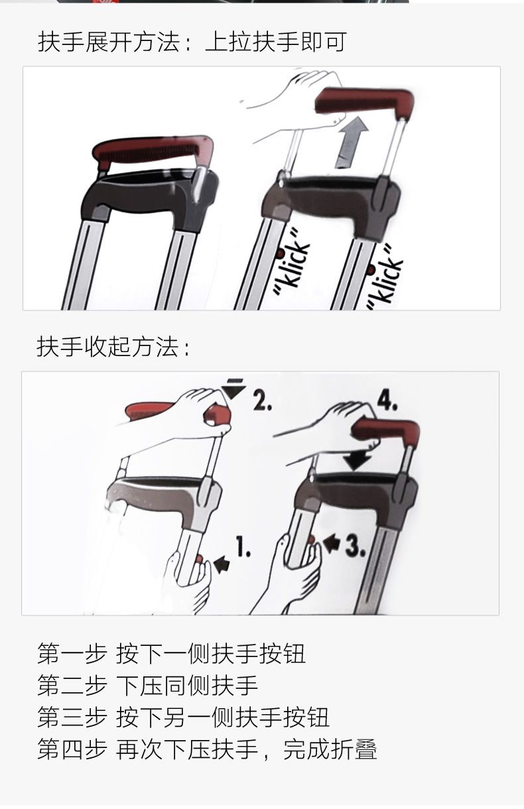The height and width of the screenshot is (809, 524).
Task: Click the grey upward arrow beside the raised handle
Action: pos(352,143)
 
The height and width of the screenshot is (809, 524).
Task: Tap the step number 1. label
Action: pos(243,546)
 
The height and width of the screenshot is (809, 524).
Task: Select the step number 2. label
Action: pos(262,401)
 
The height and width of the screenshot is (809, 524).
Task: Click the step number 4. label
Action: pos(387,401)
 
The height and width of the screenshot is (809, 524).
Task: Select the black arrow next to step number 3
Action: pos(332,543)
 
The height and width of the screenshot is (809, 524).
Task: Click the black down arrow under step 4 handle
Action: pos(357,460)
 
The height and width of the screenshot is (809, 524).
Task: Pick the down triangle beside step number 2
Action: pos(233,389)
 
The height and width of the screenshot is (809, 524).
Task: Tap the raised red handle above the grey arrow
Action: pos(365,102)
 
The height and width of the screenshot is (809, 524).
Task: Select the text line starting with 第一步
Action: pos(172,653)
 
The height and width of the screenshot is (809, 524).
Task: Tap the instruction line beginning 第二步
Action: pos(148,685)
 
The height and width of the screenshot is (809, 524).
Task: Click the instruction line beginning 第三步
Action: pos(184,717)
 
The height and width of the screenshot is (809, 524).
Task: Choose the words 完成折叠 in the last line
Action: pos(330,749)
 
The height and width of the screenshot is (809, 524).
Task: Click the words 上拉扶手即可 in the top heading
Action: pos(276,42)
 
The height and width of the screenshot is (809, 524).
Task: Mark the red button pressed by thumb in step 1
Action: pos(199,560)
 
